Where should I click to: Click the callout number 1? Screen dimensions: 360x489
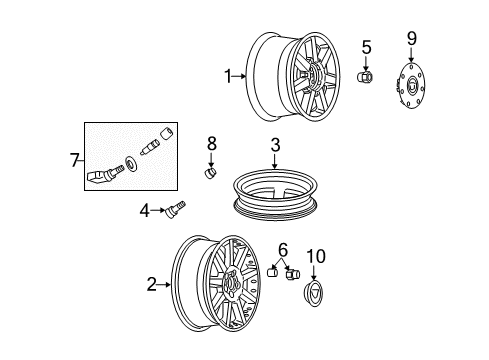tap(227, 75)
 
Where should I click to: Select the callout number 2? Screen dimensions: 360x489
tap(151, 285)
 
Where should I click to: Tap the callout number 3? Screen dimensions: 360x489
tap(274, 146)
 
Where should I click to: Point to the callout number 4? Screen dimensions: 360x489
tap(144, 210)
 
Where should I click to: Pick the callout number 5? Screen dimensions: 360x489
tap(366, 47)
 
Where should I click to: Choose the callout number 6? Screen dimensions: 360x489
tap(283, 249)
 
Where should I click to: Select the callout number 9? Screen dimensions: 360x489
tap(410, 39)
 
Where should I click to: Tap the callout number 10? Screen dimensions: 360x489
tap(316, 257)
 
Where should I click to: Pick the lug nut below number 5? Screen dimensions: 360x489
tap(365, 77)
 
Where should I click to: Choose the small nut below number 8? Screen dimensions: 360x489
tap(211, 171)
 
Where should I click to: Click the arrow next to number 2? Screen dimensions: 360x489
tap(165, 285)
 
